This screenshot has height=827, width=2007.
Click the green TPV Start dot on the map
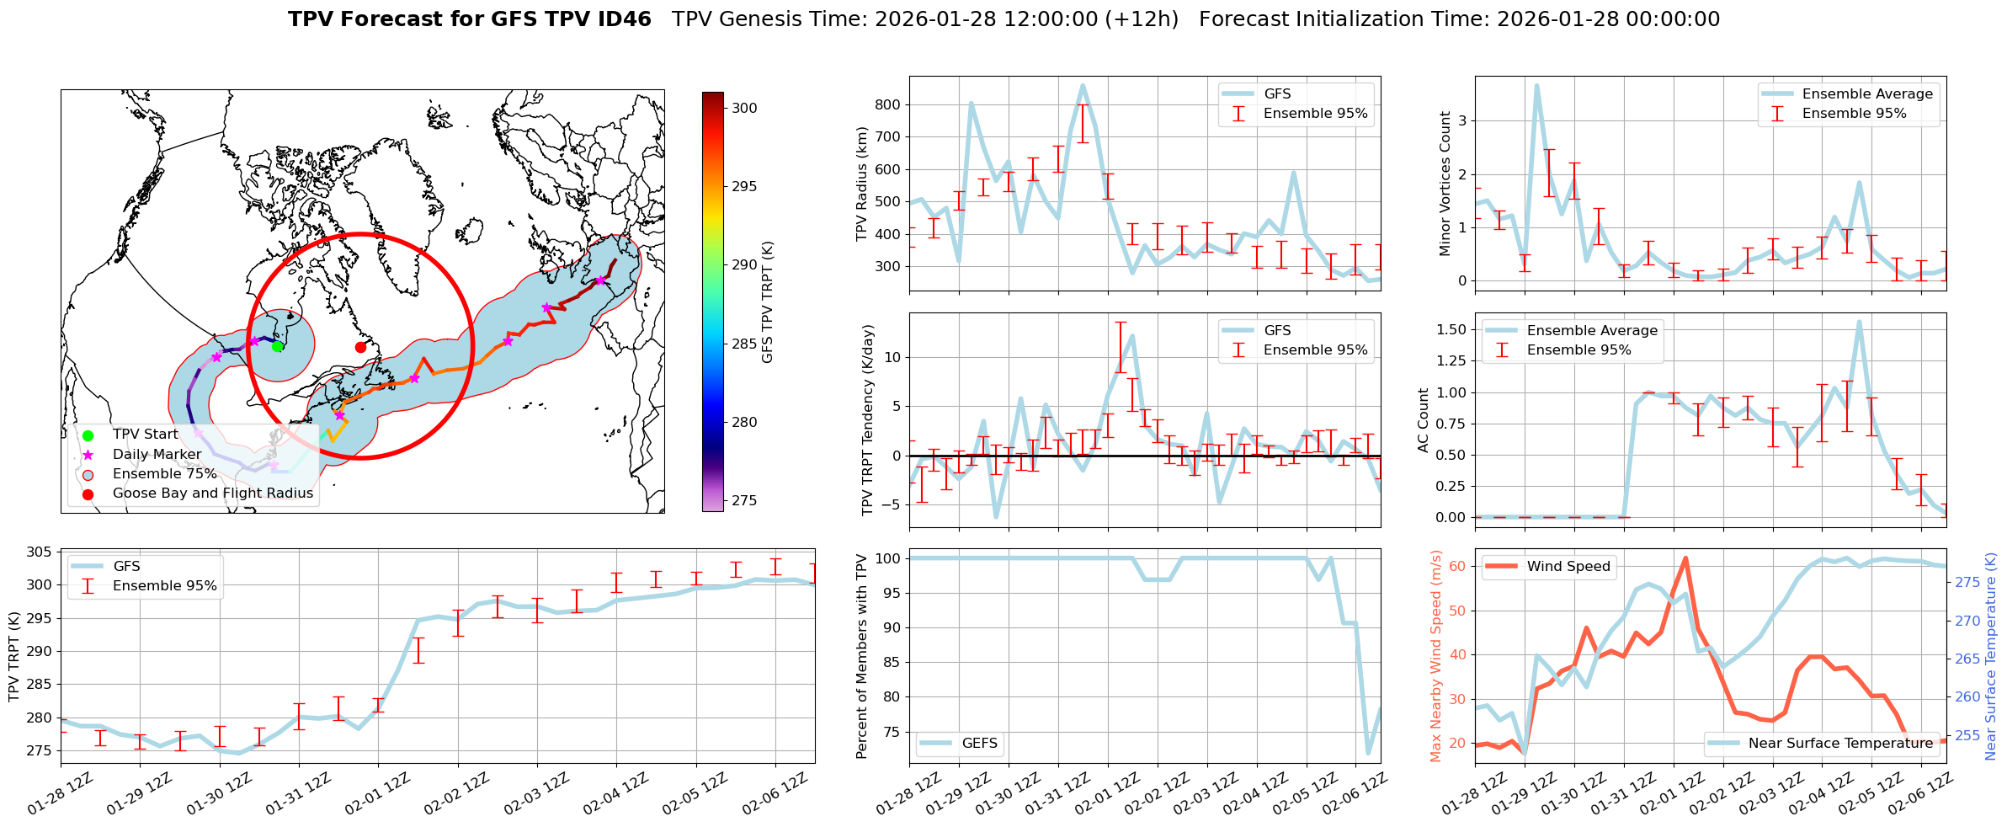click(x=277, y=347)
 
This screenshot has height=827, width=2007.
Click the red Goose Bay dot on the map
click(x=360, y=347)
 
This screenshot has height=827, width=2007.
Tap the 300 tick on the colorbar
click(x=744, y=108)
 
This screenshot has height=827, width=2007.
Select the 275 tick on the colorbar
click(x=744, y=500)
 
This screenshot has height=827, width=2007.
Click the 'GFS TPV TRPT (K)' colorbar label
click(x=767, y=302)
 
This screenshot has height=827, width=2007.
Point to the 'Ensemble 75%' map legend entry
click(x=164, y=473)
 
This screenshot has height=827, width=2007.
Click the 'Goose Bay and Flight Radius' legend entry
click(x=212, y=493)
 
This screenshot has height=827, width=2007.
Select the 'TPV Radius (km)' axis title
click(x=861, y=184)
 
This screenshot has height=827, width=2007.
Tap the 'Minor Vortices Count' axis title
click(x=1445, y=184)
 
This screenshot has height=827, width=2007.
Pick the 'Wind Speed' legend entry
click(x=1568, y=566)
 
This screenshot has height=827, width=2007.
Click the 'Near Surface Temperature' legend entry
click(x=1839, y=743)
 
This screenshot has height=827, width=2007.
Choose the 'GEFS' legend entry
click(x=979, y=743)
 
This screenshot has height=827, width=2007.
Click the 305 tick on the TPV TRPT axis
click(x=39, y=552)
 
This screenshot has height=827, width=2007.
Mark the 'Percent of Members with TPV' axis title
click(x=861, y=656)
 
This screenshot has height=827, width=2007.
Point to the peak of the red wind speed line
click(x=1685, y=558)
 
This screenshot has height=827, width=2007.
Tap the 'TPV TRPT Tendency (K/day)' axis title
click(x=869, y=420)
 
